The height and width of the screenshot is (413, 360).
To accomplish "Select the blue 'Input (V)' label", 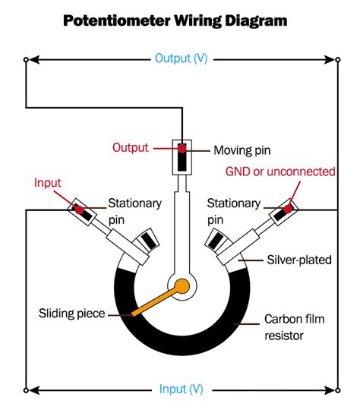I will [x=181, y=389].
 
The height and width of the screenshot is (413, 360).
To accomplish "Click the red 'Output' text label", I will [x=130, y=147].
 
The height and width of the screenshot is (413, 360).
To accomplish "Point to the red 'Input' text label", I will [x=47, y=183].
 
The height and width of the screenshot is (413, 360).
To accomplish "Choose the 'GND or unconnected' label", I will [x=280, y=172].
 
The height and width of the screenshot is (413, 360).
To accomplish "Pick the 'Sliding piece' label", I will [x=73, y=312].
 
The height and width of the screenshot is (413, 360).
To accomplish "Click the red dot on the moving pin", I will [x=182, y=146].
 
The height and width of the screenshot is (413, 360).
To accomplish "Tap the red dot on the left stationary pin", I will [x=78, y=207].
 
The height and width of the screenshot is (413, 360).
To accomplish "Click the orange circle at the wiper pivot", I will [x=182, y=286].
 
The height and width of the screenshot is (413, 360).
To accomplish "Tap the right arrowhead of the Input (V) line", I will [x=330, y=390].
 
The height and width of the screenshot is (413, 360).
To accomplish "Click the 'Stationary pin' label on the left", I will [x=134, y=210].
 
